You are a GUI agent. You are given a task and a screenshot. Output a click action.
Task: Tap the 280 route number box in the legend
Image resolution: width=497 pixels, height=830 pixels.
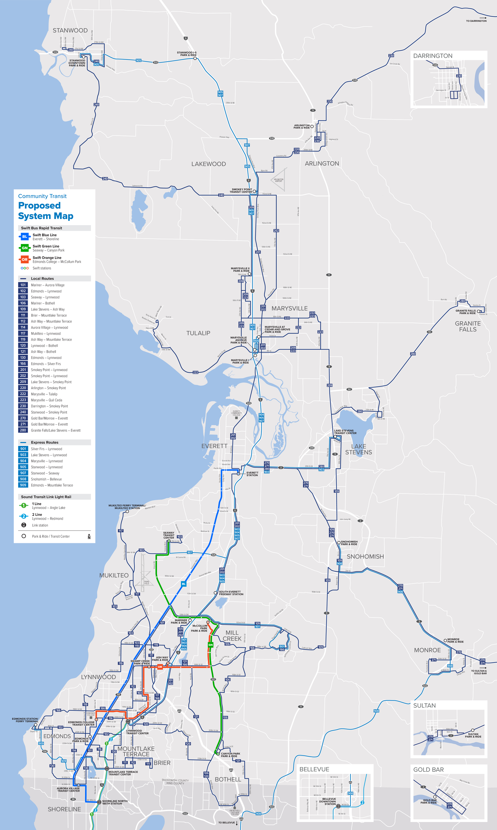(x=23, y=430)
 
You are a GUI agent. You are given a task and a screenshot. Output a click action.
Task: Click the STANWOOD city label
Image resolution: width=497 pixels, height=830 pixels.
(x=70, y=31)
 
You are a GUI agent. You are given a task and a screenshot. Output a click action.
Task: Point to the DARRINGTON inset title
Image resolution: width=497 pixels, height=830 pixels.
(x=433, y=56)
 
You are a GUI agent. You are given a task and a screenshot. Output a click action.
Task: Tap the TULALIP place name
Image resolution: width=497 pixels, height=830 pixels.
(x=198, y=333)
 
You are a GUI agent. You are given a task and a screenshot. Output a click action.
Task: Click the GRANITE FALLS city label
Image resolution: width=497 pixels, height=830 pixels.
(x=467, y=326)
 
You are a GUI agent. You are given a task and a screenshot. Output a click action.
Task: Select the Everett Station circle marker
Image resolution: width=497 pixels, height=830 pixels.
(x=238, y=474)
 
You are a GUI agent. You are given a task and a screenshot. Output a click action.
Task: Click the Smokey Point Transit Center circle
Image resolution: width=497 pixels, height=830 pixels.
(x=254, y=192)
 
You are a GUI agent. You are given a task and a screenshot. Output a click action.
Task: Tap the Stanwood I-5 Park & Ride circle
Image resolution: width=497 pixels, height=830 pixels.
(x=195, y=58)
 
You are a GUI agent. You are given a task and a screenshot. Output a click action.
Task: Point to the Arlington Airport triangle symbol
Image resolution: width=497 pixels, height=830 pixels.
(x=279, y=180)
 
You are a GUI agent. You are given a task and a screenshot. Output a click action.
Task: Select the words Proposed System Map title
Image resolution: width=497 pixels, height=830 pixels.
(x=46, y=211)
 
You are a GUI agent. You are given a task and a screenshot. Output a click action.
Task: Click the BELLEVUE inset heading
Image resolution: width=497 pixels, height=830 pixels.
(x=314, y=769)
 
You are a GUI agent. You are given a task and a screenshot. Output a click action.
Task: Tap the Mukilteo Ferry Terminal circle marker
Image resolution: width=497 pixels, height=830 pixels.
(x=127, y=511)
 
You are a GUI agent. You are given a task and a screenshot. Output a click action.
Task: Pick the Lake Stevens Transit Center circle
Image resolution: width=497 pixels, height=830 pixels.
(x=335, y=437)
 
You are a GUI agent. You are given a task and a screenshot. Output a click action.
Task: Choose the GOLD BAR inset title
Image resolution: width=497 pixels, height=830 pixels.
(x=428, y=770)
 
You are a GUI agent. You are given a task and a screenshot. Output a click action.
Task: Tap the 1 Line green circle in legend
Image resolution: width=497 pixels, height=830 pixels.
(x=24, y=505)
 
